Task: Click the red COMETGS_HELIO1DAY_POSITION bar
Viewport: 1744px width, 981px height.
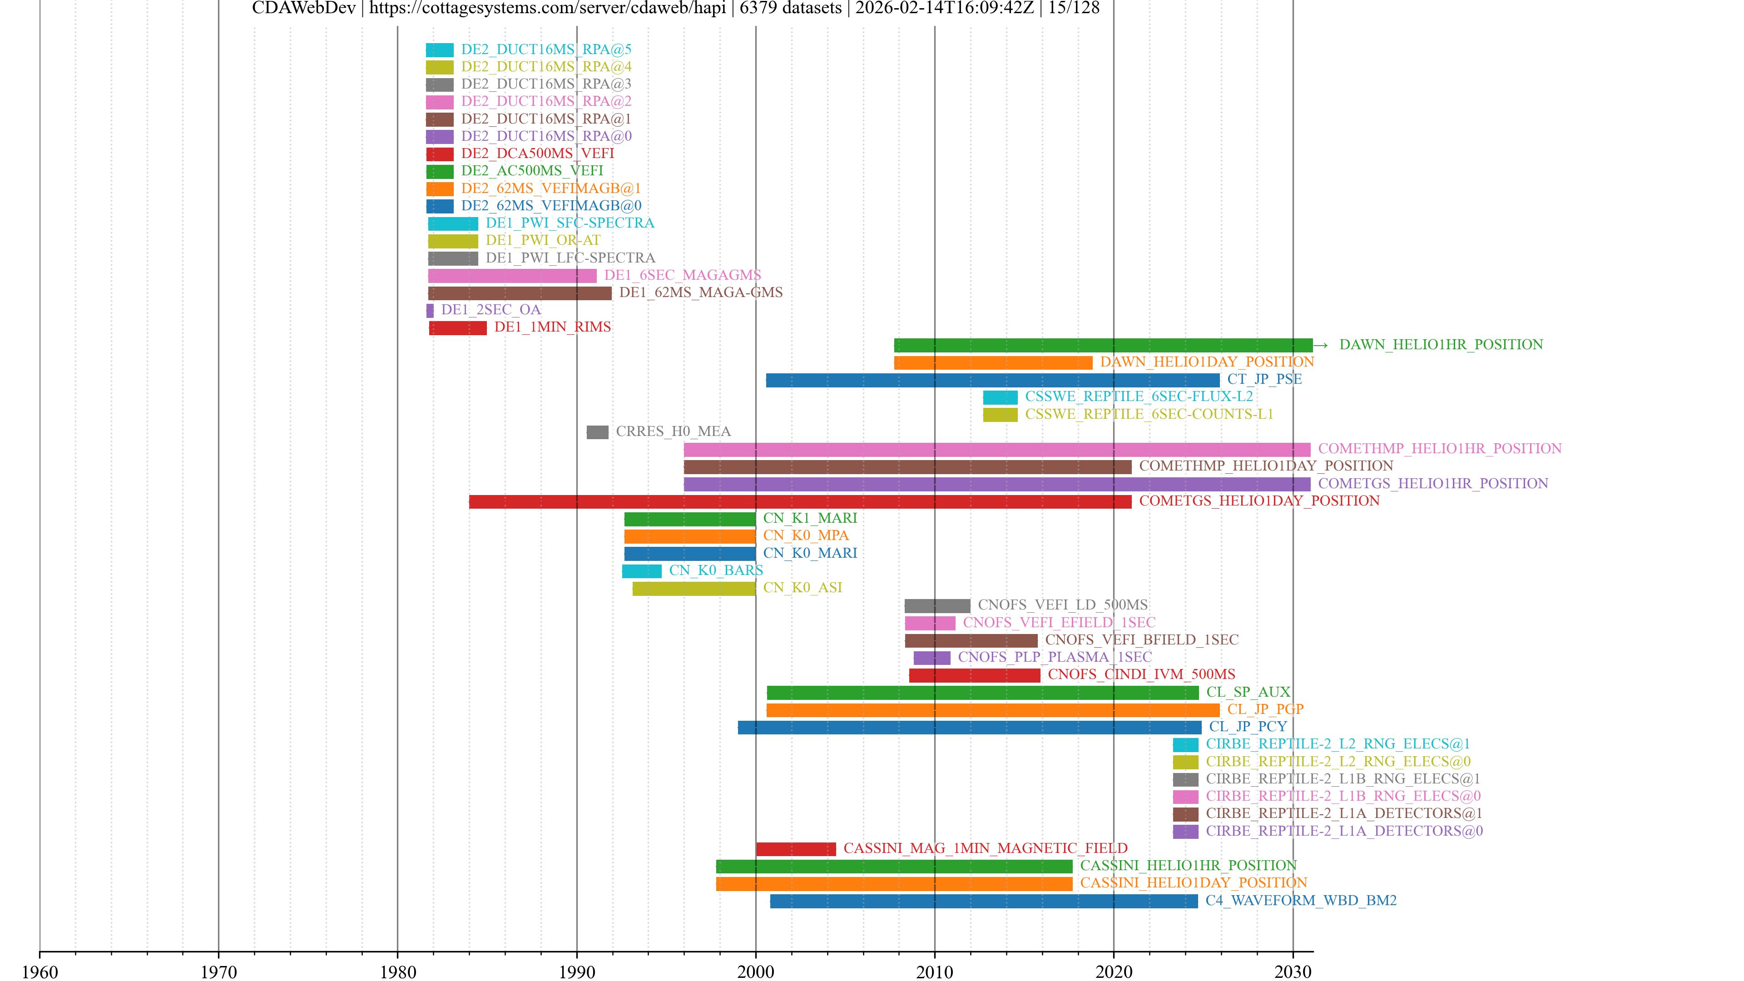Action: point(799,502)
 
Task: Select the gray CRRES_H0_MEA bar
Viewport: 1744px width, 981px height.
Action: point(597,432)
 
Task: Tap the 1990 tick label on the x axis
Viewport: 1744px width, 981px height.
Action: point(576,972)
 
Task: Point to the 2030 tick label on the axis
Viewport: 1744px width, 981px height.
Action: point(1293,972)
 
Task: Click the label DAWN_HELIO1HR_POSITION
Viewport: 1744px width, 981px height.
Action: point(1441,345)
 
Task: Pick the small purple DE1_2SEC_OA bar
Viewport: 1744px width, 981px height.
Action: point(430,311)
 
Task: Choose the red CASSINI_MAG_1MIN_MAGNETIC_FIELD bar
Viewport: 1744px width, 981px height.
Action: point(796,849)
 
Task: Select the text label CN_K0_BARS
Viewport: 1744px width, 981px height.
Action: point(716,571)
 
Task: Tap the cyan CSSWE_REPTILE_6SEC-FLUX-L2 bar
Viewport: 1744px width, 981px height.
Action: point(1000,397)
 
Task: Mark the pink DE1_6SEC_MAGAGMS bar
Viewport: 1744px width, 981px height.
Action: point(512,276)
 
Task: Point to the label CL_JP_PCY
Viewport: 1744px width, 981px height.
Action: point(1248,727)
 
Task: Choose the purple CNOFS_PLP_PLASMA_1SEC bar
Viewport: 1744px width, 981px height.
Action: point(931,658)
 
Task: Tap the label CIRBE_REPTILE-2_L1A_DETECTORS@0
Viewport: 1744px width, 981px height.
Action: point(1344,832)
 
